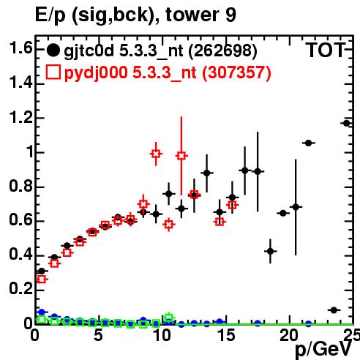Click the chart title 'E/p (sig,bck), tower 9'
pyautogui.click(x=135, y=15)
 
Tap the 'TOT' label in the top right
pyautogui.click(x=326, y=50)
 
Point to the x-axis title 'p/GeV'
pyautogui.click(x=323, y=349)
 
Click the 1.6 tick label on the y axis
pyautogui.click(x=21, y=48)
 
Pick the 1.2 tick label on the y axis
pyautogui.click(x=21, y=117)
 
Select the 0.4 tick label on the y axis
pyautogui.click(x=21, y=255)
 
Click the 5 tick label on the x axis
pyautogui.click(x=98, y=335)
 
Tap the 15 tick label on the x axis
pyautogui.click(x=226, y=335)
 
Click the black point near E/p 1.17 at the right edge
pyautogui.click(x=346, y=124)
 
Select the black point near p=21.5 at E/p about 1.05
pyautogui.click(x=309, y=143)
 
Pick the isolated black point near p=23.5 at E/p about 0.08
pyautogui.click(x=334, y=310)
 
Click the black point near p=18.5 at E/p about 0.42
pyautogui.click(x=270, y=251)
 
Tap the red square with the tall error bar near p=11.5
pyautogui.click(x=181, y=156)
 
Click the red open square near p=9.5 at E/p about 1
pyautogui.click(x=156, y=154)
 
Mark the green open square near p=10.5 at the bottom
pyautogui.click(x=169, y=318)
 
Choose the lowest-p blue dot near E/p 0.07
pyautogui.click(x=42, y=312)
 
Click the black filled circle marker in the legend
pyautogui.click(x=53, y=50)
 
